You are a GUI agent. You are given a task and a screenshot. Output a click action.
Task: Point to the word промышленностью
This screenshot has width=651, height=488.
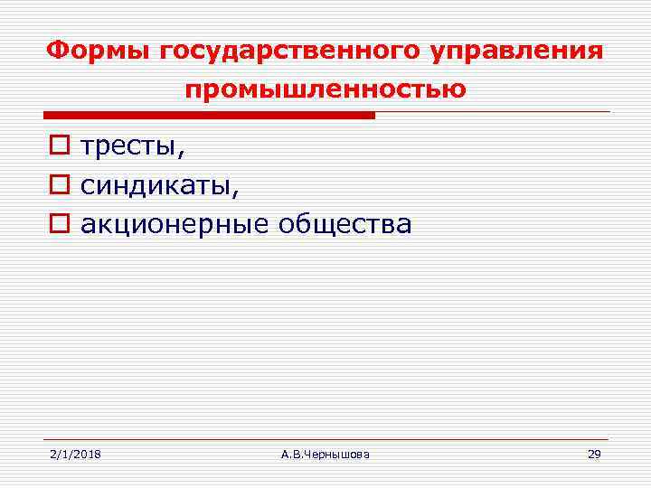tap(325, 90)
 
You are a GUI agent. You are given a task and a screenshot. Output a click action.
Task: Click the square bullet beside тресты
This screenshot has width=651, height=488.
tap(58, 145)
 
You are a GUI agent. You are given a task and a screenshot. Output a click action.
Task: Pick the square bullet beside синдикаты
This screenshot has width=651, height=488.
tap(58, 185)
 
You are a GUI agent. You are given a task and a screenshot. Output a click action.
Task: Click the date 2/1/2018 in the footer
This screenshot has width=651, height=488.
tap(75, 454)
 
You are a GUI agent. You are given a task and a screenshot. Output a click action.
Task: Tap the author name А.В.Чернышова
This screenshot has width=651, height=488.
tap(325, 454)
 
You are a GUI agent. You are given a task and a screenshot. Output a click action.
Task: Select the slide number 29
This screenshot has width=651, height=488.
tap(594, 454)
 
